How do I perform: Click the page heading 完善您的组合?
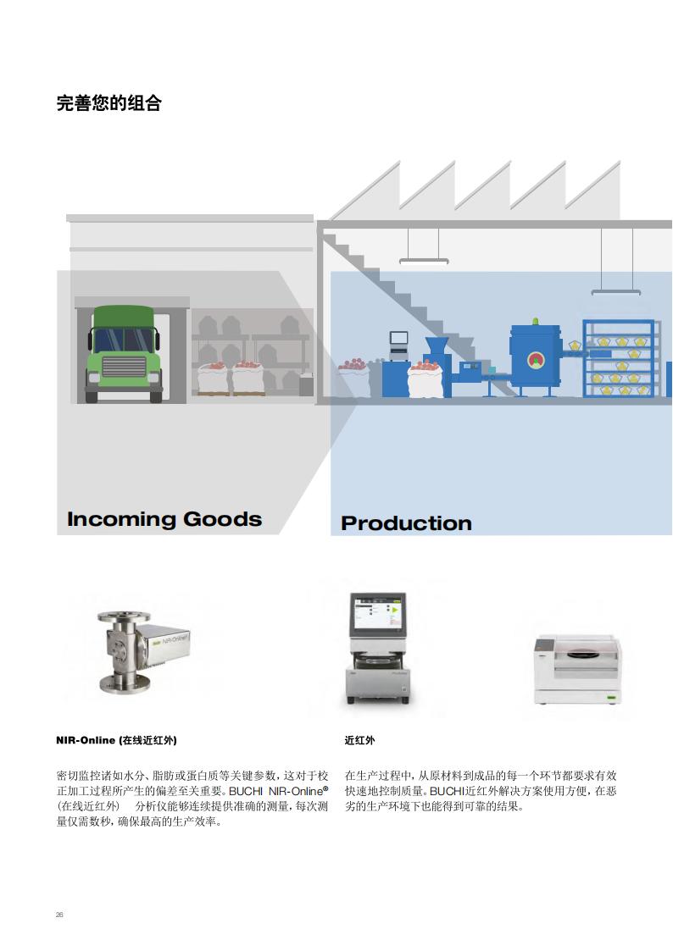pyautogui.click(x=108, y=103)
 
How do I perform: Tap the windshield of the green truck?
pyautogui.click(x=124, y=340)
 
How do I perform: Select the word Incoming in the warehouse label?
pyautogui.click(x=121, y=519)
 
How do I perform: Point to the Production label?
pyautogui.click(x=406, y=523)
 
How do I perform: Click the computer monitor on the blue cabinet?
pyautogui.click(x=398, y=339)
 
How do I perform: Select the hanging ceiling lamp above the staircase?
pyautogui.click(x=424, y=262)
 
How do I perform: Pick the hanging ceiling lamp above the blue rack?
pyautogui.click(x=615, y=292)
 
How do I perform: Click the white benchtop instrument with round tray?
pyautogui.click(x=577, y=671)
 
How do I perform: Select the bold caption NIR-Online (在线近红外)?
pyautogui.click(x=116, y=740)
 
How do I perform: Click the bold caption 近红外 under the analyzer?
pyautogui.click(x=359, y=740)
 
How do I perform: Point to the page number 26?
pyautogui.click(x=59, y=915)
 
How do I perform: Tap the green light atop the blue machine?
pyautogui.click(x=535, y=322)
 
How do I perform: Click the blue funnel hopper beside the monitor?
pyautogui.click(x=437, y=347)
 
